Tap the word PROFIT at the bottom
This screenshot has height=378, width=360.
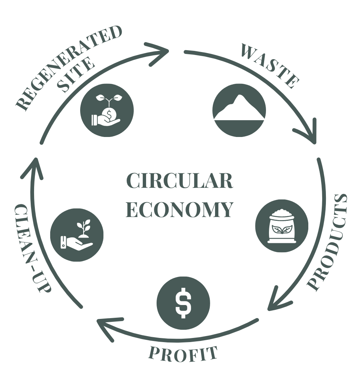[x=183, y=354]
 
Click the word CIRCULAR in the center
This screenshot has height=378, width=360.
[x=180, y=181]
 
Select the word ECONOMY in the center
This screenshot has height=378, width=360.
[x=180, y=210]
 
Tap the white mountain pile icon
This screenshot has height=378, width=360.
[x=239, y=109]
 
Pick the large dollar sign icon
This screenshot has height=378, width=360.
[x=183, y=303]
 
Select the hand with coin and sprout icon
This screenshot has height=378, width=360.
[x=106, y=110]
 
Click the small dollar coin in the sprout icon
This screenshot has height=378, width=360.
[x=109, y=113]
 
